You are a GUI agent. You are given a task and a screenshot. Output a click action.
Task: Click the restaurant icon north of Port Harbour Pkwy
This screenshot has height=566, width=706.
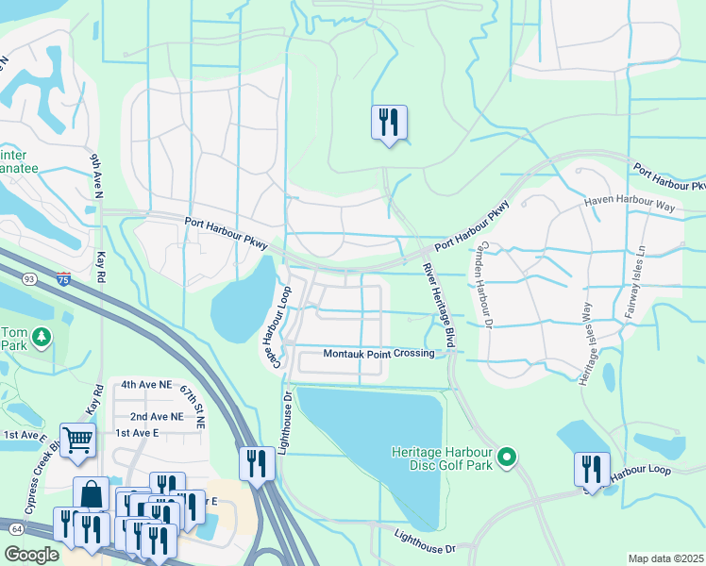[x=389, y=123]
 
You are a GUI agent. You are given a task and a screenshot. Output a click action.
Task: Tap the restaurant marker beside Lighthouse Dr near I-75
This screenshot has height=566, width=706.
[x=257, y=464]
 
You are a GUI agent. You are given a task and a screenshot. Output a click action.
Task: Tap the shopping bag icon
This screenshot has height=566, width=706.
[x=92, y=494]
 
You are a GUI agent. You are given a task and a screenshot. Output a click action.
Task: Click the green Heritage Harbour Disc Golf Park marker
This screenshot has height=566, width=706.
[x=507, y=458]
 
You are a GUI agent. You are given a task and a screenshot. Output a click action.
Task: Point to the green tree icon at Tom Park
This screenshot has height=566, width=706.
[x=41, y=336]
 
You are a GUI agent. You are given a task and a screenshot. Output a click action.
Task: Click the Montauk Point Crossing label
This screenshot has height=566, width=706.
[x=378, y=354]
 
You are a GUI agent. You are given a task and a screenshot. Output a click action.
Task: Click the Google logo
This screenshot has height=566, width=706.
[x=30, y=555]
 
